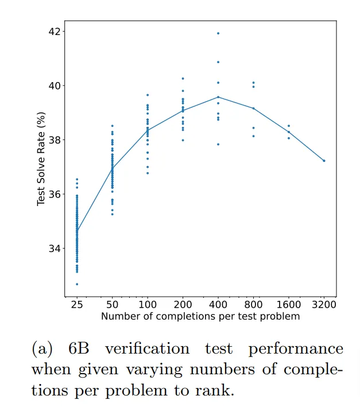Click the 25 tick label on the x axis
pos(76,305)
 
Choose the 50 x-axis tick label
pos(112,305)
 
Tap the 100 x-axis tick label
pos(148,305)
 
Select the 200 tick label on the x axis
pos(183,305)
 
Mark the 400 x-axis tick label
pos(218,305)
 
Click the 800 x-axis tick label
pos(253,305)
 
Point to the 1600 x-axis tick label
pos(289,305)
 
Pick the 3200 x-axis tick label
pos(324,305)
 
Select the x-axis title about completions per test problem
pos(200,316)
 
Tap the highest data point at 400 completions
pos(218,33)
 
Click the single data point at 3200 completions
pos(324,161)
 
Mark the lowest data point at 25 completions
pos(77,284)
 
